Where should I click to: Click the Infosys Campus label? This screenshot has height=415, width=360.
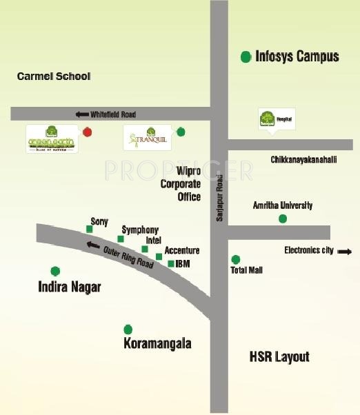(x=297, y=57)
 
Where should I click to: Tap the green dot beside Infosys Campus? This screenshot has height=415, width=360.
(x=246, y=57)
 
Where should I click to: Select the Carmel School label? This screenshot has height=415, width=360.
(x=54, y=77)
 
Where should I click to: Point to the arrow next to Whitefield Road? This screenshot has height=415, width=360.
(x=83, y=114)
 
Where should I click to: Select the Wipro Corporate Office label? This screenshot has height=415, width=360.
(x=180, y=184)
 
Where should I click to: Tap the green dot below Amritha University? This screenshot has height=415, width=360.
(x=282, y=219)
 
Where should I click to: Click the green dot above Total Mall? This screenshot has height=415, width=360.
(x=236, y=259)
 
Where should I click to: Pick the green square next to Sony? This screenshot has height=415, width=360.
(x=89, y=229)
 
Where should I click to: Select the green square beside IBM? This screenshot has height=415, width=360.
(x=170, y=263)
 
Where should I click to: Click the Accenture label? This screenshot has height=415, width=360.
(x=182, y=251)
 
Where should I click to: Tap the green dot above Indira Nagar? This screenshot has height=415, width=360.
(x=55, y=271)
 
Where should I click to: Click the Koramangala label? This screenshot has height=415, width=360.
(x=157, y=343)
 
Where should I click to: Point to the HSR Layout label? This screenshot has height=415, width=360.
(x=279, y=356)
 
